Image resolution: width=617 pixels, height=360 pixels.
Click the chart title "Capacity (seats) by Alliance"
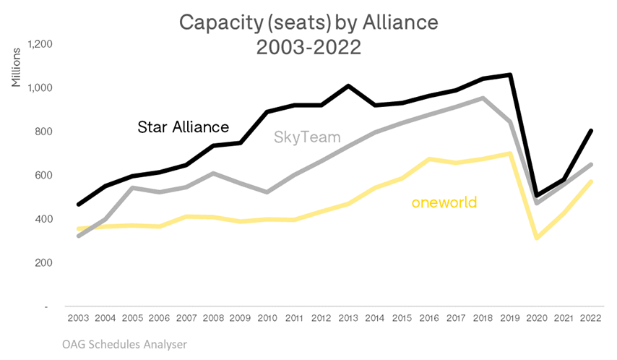click(308, 24)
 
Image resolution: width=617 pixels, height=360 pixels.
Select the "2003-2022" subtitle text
click(308, 51)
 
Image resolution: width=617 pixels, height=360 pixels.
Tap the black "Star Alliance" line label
click(184, 127)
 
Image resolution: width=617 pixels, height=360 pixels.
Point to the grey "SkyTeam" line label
click(307, 137)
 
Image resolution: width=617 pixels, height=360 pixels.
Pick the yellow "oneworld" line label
click(444, 202)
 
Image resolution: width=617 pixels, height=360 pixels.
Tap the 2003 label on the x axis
click(79, 318)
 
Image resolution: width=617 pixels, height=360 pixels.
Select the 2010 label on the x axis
click(267, 318)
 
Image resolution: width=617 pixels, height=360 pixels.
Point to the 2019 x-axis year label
click(510, 318)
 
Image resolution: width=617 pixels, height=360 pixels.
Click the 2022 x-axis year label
click(591, 318)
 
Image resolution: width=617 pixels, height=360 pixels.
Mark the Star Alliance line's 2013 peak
click(348, 86)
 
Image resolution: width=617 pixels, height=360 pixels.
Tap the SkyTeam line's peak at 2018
click(483, 98)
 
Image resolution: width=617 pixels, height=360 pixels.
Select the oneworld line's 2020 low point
click(537, 237)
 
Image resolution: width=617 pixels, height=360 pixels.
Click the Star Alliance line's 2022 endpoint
click(591, 131)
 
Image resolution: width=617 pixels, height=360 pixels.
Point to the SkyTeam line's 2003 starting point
click(79, 236)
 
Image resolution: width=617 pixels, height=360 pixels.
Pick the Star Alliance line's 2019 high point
click(510, 75)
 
